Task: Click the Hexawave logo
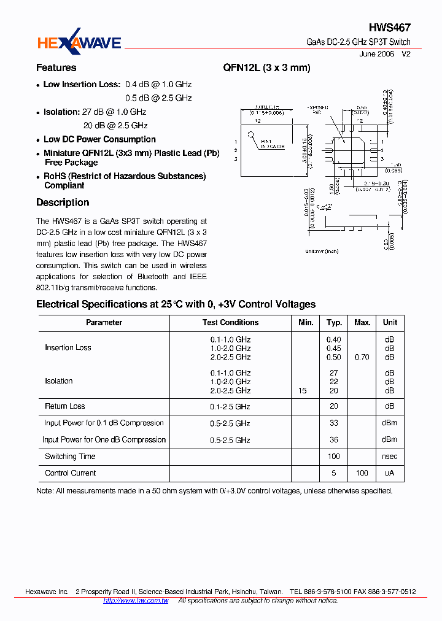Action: [x=79, y=41]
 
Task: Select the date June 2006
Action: [x=376, y=54]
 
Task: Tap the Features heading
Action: [x=56, y=68]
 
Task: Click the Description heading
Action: [x=63, y=202]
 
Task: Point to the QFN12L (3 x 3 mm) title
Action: [x=267, y=68]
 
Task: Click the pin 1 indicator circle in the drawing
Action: [x=250, y=135]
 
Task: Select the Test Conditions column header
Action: [x=230, y=323]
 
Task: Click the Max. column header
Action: [x=362, y=323]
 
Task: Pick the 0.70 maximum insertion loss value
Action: [x=362, y=357]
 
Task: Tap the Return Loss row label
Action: [x=65, y=406]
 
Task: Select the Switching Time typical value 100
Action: [x=334, y=457]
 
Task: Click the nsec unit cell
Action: [x=390, y=457]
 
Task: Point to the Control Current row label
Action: [x=71, y=473]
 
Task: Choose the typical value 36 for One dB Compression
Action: [x=334, y=440]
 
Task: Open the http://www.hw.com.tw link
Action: [x=136, y=601]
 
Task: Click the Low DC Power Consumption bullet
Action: [x=99, y=140]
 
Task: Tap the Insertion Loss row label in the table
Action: [x=68, y=348]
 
